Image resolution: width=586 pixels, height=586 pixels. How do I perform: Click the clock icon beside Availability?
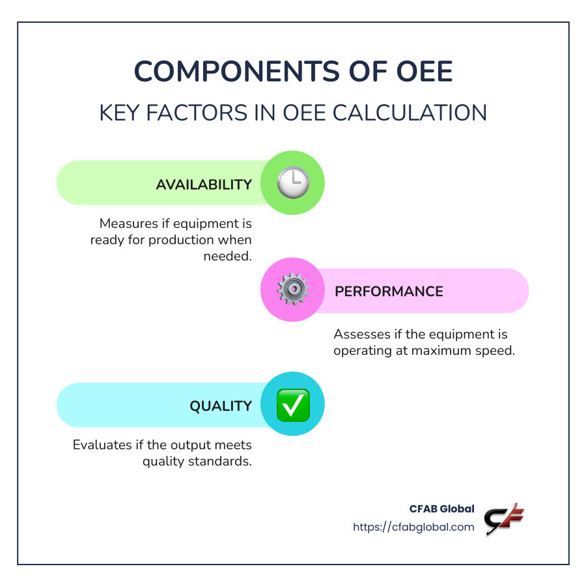292,183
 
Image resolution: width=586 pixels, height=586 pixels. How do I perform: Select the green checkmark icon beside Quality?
292,405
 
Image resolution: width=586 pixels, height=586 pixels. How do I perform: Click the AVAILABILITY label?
204,184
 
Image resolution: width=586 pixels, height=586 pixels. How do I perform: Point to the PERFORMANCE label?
389,291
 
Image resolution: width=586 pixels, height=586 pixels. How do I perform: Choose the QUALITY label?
221,406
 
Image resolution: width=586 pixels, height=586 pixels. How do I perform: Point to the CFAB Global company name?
442,509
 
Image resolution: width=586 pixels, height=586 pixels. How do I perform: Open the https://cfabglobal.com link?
413,527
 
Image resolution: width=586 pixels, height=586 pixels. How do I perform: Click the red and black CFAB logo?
504,519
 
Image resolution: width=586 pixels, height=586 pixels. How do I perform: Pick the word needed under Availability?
227,256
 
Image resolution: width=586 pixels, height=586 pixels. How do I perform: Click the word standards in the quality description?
222,462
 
